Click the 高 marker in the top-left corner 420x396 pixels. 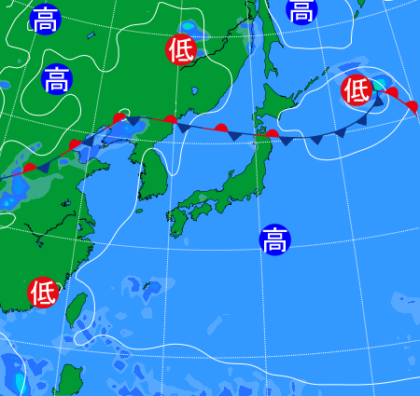(x=44, y=20)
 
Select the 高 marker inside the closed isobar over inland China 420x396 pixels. (x=56, y=79)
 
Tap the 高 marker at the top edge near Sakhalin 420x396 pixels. (x=301, y=11)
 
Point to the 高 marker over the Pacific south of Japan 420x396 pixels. (x=274, y=239)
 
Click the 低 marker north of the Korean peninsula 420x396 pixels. (x=181, y=49)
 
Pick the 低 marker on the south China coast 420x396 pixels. (x=43, y=293)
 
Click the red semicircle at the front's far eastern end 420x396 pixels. (x=413, y=106)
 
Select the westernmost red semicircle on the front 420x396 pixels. (x=31, y=168)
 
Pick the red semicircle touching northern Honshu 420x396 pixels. (x=272, y=134)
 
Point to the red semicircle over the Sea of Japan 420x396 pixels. (x=221, y=128)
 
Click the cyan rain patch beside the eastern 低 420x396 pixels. (x=380, y=85)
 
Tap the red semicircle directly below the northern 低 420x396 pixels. (x=170, y=118)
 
